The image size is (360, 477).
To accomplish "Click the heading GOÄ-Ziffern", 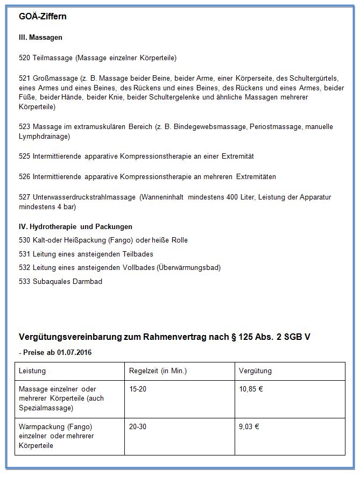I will coord(43,17).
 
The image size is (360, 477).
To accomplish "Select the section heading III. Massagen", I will coord(40,38).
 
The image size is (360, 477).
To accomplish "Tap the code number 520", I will coord(25,58).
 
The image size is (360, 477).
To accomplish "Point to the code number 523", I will coord(25,127).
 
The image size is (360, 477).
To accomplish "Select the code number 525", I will coord(25,156).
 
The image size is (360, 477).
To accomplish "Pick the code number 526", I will coord(25,177).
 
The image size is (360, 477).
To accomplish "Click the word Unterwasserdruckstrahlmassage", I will coord(84,197).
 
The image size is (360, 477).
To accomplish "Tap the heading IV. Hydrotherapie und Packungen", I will coord(75,226).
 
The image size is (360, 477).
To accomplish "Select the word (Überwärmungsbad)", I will coord(189,267).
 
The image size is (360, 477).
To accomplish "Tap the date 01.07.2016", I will coord(71,352).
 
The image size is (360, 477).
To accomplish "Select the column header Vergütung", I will coord(255,371).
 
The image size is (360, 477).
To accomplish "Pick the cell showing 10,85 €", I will coord(251,389).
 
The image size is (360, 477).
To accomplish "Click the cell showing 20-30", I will coord(138,426).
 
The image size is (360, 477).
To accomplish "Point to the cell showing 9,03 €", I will coord(249,426).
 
